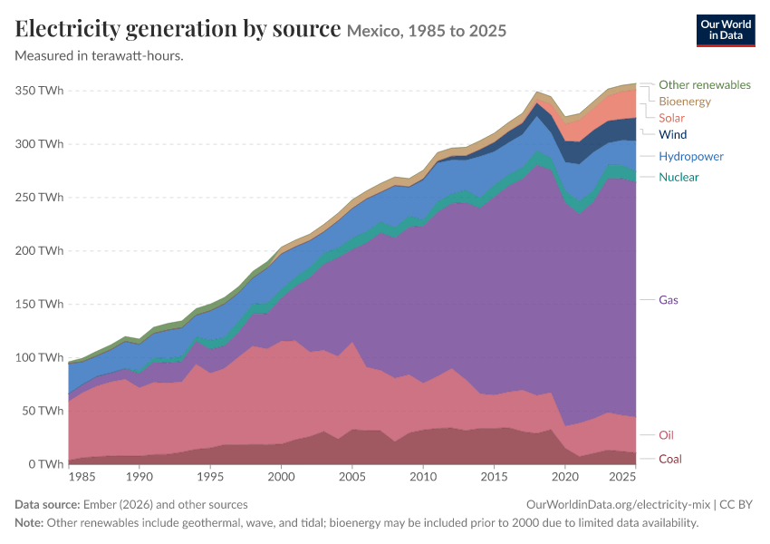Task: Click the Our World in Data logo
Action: pyautogui.click(x=726, y=31)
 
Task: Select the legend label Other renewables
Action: pyautogui.click(x=704, y=84)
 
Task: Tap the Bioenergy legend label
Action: pyautogui.click(x=685, y=102)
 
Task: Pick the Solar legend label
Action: pyautogui.click(x=671, y=118)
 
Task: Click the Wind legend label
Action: pyautogui.click(x=672, y=134)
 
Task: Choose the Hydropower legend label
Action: pyautogui.click(x=691, y=156)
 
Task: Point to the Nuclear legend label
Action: pyautogui.click(x=679, y=177)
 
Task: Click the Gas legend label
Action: pyautogui.click(x=668, y=300)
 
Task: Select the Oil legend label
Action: pyautogui.click(x=666, y=435)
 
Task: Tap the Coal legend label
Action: pyautogui.click(x=669, y=459)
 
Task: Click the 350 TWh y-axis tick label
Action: pyautogui.click(x=39, y=91)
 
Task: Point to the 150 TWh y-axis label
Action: pyautogui.click(x=39, y=305)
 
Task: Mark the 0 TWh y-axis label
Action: pyautogui.click(x=45, y=464)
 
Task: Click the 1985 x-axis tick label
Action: pyautogui.click(x=82, y=477)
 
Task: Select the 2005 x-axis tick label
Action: pyautogui.click(x=352, y=477)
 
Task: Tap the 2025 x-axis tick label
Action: pyautogui.click(x=621, y=477)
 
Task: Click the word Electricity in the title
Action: pyautogui.click(x=68, y=29)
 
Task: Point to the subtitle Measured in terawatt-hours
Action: pyautogui.click(x=100, y=55)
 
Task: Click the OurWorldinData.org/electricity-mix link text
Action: pyautogui.click(x=618, y=505)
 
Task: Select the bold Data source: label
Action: pyautogui.click(x=47, y=505)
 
